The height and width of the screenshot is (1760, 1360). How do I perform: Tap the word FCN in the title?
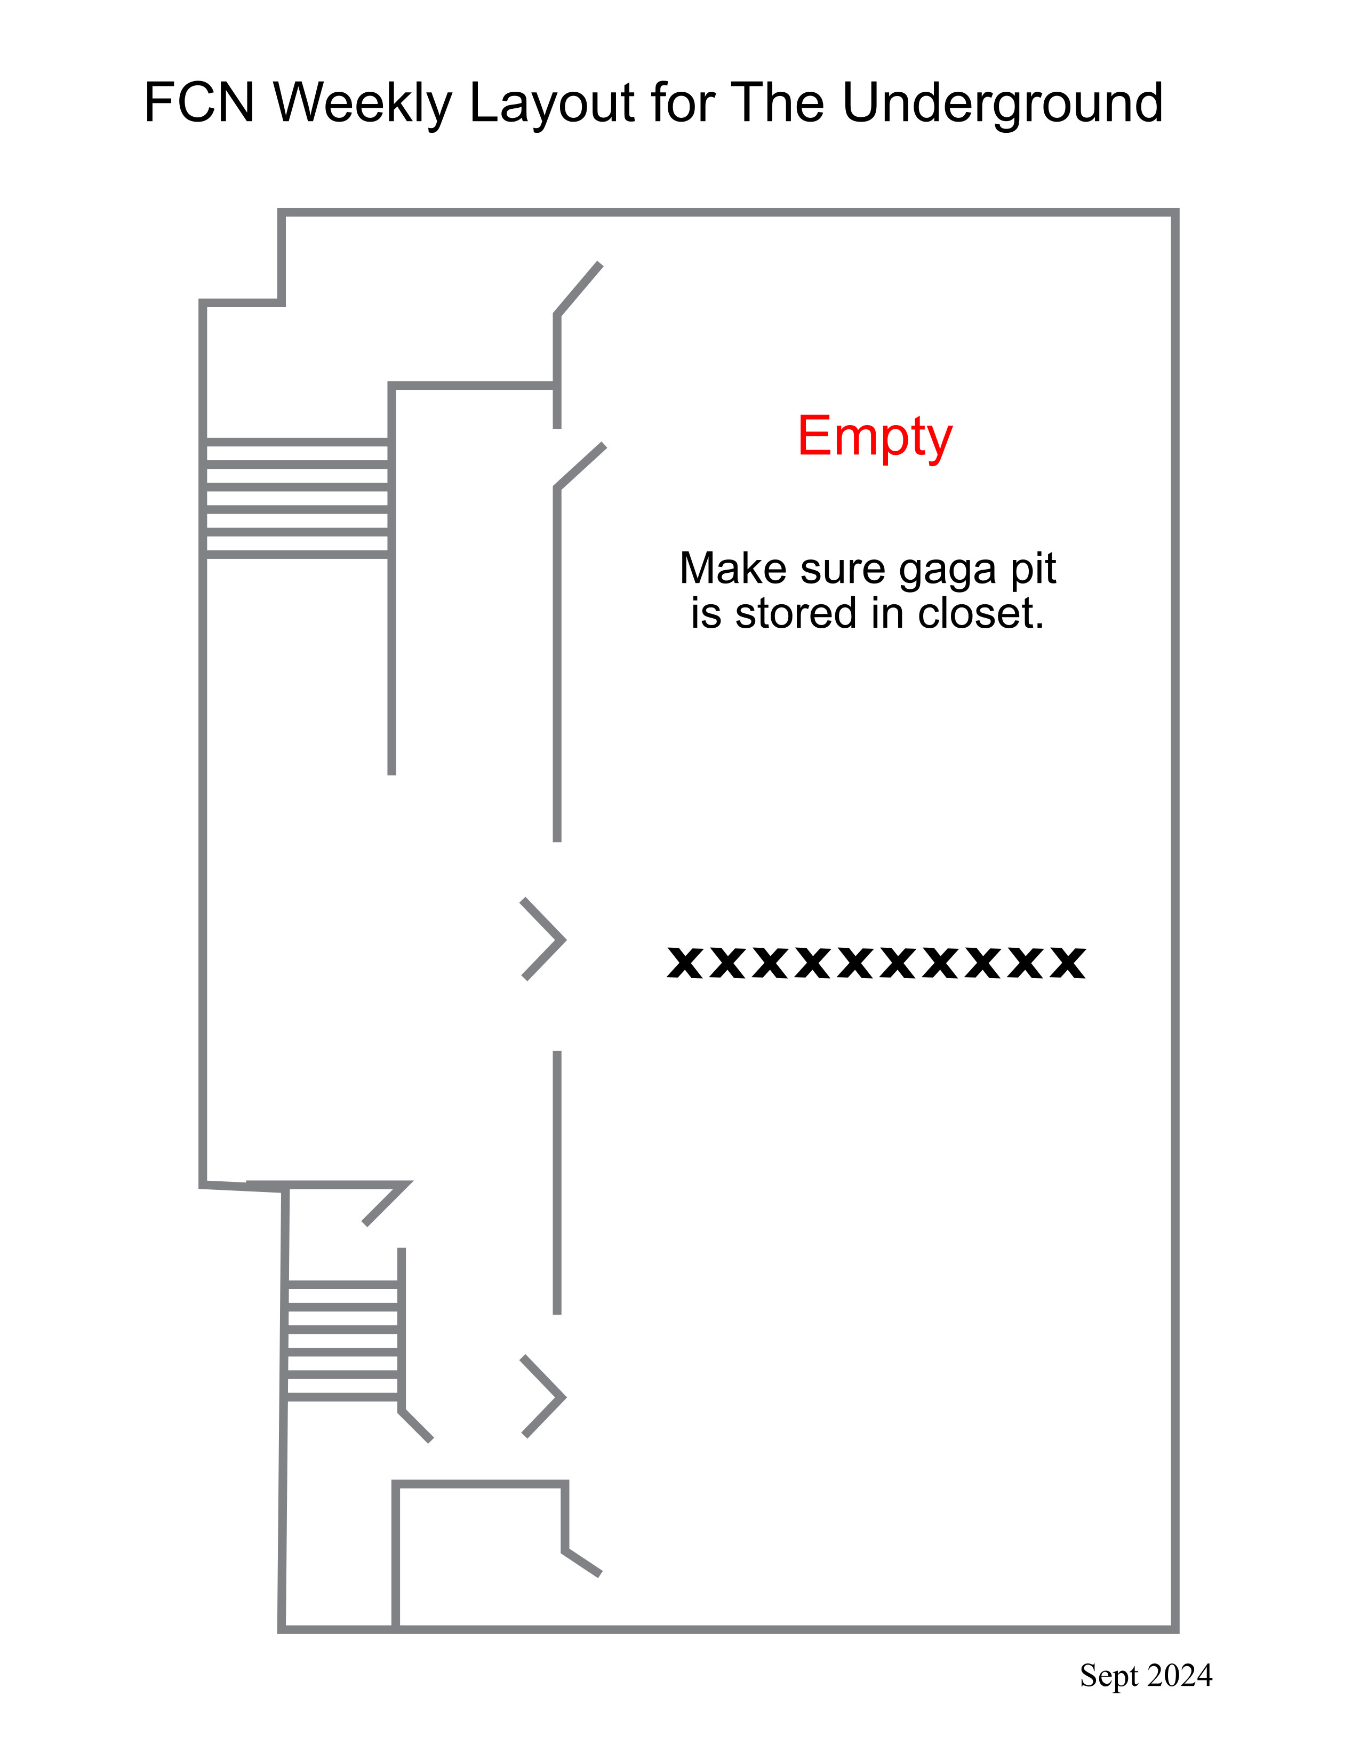199,103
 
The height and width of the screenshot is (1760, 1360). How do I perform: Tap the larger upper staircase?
297,498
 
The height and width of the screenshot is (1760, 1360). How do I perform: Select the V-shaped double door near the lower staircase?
543,1397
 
